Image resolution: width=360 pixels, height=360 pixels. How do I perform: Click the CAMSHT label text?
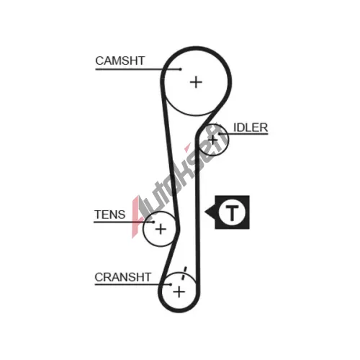pyautogui.click(x=120, y=60)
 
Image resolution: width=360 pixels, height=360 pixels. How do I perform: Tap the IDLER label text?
pyautogui.click(x=251, y=127)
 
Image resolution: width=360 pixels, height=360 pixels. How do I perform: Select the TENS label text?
pyautogui.click(x=110, y=215)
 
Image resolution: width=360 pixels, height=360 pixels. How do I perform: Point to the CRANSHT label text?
pyautogui.click(x=122, y=277)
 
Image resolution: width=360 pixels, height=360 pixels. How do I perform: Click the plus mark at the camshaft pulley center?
pyautogui.click(x=196, y=82)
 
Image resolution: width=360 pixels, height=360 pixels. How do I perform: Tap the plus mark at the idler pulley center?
pyautogui.click(x=213, y=140)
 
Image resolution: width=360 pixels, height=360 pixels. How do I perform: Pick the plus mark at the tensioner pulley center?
pyautogui.click(x=161, y=229)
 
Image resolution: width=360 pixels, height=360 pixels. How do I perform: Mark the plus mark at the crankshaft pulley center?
pyautogui.click(x=179, y=292)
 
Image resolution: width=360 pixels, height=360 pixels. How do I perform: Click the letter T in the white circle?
pyautogui.click(x=232, y=212)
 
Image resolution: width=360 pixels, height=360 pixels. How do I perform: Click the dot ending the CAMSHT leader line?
pyautogui.click(x=181, y=69)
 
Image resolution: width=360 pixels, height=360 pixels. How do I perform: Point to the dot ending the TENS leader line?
pyautogui.click(x=153, y=222)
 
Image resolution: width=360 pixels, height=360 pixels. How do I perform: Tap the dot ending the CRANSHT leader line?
pyautogui.click(x=171, y=284)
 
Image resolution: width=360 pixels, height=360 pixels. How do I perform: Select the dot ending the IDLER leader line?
pyautogui.click(x=219, y=134)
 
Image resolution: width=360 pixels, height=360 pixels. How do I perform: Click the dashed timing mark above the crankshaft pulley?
pyautogui.click(x=184, y=273)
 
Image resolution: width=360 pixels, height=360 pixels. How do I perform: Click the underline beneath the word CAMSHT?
pyautogui.click(x=138, y=69)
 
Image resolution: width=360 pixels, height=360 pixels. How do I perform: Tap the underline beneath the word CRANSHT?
pyautogui.click(x=132, y=284)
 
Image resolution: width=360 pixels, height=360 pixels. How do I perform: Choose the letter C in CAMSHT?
pyautogui.click(x=99, y=60)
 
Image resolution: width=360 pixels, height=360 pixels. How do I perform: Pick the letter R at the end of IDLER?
pyautogui.click(x=264, y=127)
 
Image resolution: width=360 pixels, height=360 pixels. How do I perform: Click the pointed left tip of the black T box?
pyautogui.click(x=204, y=212)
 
